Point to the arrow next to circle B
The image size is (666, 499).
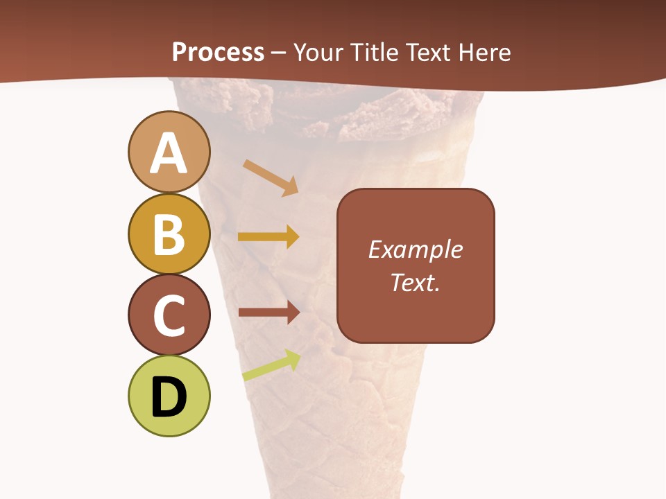click(268, 237)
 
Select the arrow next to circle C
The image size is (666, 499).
click(268, 313)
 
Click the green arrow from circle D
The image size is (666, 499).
click(271, 367)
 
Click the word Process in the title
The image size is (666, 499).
click(218, 52)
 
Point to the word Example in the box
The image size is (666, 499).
click(415, 249)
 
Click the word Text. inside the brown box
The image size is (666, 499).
click(415, 282)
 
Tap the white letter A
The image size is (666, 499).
click(169, 153)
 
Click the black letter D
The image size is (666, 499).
click(169, 397)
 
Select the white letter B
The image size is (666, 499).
click(169, 234)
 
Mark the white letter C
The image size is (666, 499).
click(169, 315)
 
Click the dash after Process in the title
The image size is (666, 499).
click(279, 53)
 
